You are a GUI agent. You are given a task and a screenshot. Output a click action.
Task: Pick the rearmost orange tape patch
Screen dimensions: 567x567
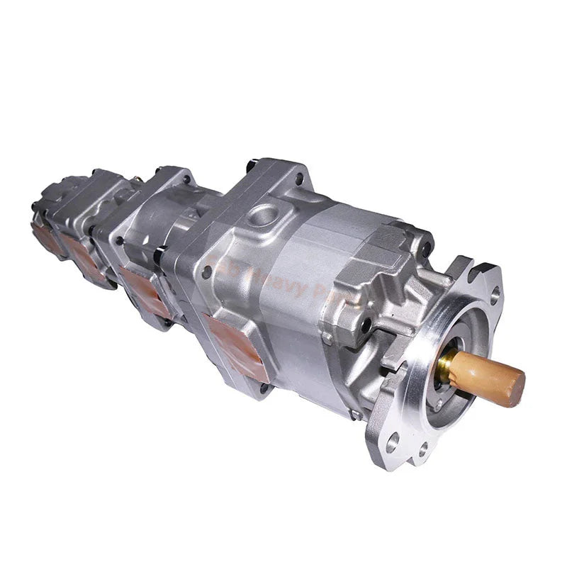[x=48, y=237]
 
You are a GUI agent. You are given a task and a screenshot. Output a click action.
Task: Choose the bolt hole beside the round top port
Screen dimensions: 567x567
[x=301, y=179]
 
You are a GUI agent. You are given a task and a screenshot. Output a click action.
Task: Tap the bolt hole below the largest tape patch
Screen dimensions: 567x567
[x=265, y=387]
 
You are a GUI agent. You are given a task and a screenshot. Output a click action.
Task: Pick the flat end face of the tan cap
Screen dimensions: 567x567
[x=518, y=383]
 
